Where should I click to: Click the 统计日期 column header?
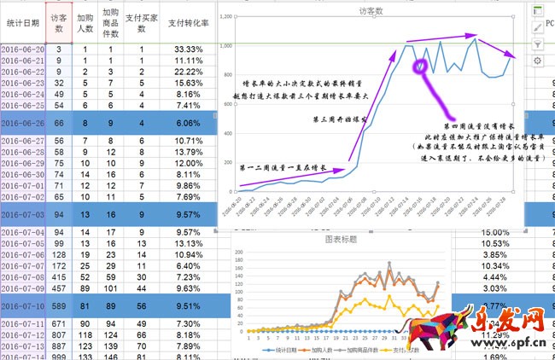pos(22,24)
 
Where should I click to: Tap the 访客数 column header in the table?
pos(58,24)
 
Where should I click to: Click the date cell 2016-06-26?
pos(22,123)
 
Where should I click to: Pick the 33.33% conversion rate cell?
pos(187,50)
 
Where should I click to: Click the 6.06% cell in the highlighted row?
pos(187,123)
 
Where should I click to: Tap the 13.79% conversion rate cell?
pos(187,152)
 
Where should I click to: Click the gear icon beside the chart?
pos(537,61)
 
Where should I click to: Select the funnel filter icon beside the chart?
pos(537,44)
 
